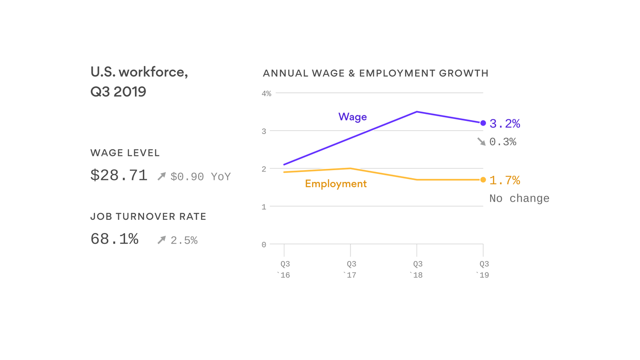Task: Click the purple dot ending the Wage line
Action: coord(483,123)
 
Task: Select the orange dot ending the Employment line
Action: coord(483,180)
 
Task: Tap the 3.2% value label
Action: coord(505,124)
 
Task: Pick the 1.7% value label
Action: coord(505,180)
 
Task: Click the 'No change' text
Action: coord(519,198)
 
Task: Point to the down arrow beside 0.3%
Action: coord(481,141)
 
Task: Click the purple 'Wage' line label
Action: coord(352,117)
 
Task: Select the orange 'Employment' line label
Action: coord(335,184)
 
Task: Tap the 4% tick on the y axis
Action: coord(266,94)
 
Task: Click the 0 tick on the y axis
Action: coord(264,245)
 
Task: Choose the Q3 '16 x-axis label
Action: coord(284,270)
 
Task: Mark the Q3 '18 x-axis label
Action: coord(417,270)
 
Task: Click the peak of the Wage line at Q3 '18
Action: coord(417,112)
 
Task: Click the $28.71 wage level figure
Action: coord(119,175)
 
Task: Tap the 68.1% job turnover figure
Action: coord(114,239)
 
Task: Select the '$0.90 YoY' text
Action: coord(200,177)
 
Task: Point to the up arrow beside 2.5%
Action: coord(162,240)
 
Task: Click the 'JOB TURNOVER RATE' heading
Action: coord(148,217)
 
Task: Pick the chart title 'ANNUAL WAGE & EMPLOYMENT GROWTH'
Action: coord(375,73)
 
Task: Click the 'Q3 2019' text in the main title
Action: coord(118,91)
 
